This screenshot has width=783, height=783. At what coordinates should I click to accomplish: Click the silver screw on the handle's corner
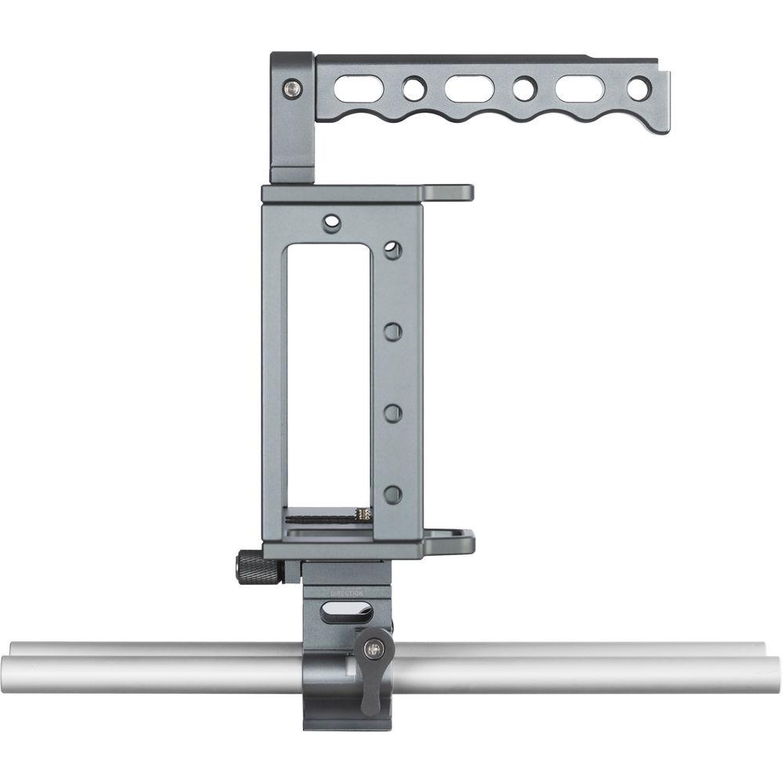[x=294, y=89]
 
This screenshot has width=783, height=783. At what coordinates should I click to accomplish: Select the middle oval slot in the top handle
[x=469, y=88]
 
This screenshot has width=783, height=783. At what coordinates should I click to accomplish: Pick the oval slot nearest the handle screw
[x=359, y=88]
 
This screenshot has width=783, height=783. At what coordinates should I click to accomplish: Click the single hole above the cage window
[x=332, y=223]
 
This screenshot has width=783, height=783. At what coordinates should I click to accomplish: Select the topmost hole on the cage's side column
[x=393, y=251]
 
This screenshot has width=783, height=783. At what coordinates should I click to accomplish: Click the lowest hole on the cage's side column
[x=393, y=494]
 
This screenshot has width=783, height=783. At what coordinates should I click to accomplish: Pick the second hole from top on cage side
[x=393, y=331]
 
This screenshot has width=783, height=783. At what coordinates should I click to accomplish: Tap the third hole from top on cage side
[x=393, y=413]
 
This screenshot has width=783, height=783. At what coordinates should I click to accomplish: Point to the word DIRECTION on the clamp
[x=347, y=594]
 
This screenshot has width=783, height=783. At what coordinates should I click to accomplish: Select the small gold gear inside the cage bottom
[x=363, y=514]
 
